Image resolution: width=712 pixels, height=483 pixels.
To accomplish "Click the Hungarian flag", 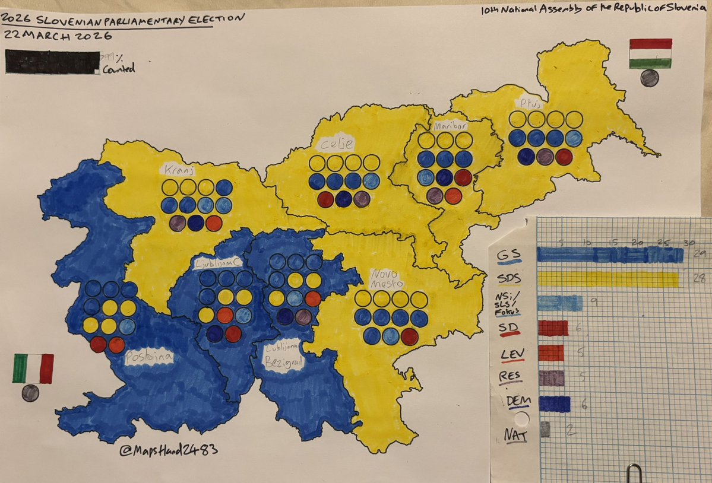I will pyautogui.click(x=650, y=53).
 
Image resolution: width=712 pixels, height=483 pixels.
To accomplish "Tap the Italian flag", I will pyautogui.click(x=33, y=368).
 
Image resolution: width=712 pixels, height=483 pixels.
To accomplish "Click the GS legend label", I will pyautogui.click(x=507, y=255).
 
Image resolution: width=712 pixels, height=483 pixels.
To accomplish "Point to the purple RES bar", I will pyautogui.click(x=550, y=378).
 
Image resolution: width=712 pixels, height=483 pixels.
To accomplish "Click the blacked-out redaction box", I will pyautogui.click(x=52, y=62).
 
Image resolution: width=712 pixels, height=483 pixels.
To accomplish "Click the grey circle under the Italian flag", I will pyautogui.click(x=30, y=392).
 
